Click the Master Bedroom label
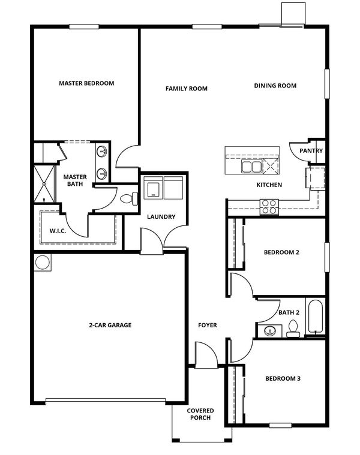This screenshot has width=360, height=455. click(86, 83)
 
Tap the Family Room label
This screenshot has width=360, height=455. click(187, 89)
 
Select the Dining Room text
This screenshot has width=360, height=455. click(275, 86)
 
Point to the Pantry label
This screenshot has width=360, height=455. click(311, 150)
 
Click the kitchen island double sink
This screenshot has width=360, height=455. click(251, 167)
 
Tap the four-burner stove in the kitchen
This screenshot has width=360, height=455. click(269, 207)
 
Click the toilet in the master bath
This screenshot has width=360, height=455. click(129, 198)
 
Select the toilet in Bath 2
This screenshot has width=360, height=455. click(293, 329)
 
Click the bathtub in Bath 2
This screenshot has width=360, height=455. click(315, 317)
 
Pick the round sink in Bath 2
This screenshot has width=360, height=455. click(270, 331)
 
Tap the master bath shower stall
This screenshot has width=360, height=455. click(44, 183)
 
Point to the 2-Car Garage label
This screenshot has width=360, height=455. click(110, 325)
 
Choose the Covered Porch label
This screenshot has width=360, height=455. click(200, 414)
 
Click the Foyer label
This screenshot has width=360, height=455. click(207, 325)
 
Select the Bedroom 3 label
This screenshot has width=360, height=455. click(283, 378)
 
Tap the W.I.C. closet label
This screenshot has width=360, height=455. click(58, 231)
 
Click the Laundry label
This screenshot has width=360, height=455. click(161, 216)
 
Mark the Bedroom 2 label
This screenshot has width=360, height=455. click(281, 252)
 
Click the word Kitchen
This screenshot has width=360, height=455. click(269, 185)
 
